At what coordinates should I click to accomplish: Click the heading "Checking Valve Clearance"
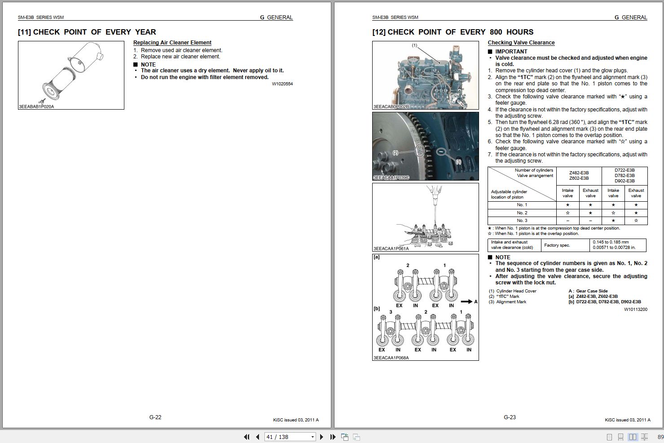(x=521, y=43)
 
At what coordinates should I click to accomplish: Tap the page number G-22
(x=155, y=417)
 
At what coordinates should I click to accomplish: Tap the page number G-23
(x=510, y=417)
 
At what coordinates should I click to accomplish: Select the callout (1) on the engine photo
(x=414, y=45)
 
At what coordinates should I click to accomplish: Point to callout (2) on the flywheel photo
(x=396, y=153)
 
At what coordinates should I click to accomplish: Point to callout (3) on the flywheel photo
(x=458, y=162)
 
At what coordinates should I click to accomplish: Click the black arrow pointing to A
(x=466, y=301)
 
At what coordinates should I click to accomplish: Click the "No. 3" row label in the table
(x=522, y=221)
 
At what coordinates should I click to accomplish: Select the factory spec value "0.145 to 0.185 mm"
(x=611, y=242)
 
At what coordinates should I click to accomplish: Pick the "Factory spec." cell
(x=557, y=245)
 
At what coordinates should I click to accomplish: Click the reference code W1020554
(x=282, y=84)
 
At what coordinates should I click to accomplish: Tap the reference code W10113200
(x=635, y=309)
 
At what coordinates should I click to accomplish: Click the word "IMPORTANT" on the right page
(x=511, y=52)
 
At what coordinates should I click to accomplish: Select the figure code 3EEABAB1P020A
(x=36, y=106)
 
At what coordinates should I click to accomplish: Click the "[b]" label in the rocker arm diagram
(x=377, y=309)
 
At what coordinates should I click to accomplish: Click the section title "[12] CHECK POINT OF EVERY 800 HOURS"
(x=453, y=32)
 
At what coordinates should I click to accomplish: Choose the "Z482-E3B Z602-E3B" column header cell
(x=579, y=176)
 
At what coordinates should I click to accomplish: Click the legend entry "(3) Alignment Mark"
(x=508, y=302)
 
